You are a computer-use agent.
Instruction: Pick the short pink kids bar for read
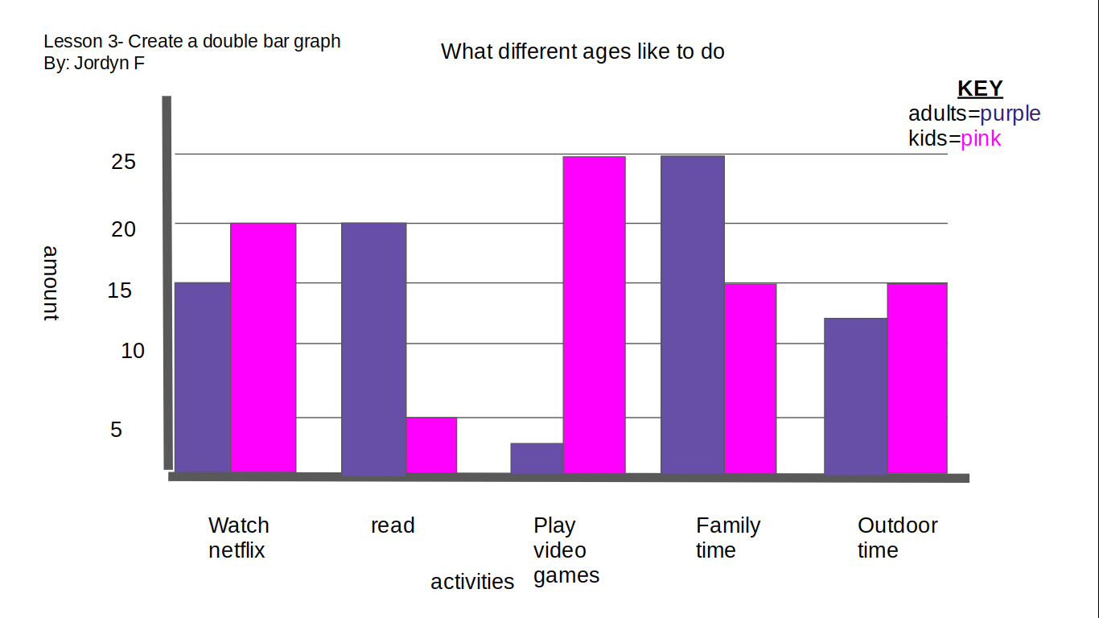tap(431, 445)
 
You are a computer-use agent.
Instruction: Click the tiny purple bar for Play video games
tap(537, 458)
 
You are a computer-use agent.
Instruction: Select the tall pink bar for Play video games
tap(594, 315)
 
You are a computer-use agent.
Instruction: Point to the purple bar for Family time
tap(692, 315)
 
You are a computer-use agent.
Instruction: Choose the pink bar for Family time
tap(750, 378)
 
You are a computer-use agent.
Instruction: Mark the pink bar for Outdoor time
tap(916, 378)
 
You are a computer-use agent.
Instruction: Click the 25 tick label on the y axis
tap(123, 162)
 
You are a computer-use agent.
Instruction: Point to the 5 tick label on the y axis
tap(117, 430)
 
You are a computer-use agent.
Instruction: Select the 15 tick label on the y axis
tap(120, 290)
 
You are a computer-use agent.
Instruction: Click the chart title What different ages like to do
tap(582, 51)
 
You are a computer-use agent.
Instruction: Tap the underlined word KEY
tap(980, 89)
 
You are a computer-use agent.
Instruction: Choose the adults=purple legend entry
tap(974, 113)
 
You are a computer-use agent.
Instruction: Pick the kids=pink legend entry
tap(955, 138)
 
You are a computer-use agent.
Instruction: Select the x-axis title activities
tap(472, 581)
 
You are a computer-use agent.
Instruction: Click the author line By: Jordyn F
tap(94, 63)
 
